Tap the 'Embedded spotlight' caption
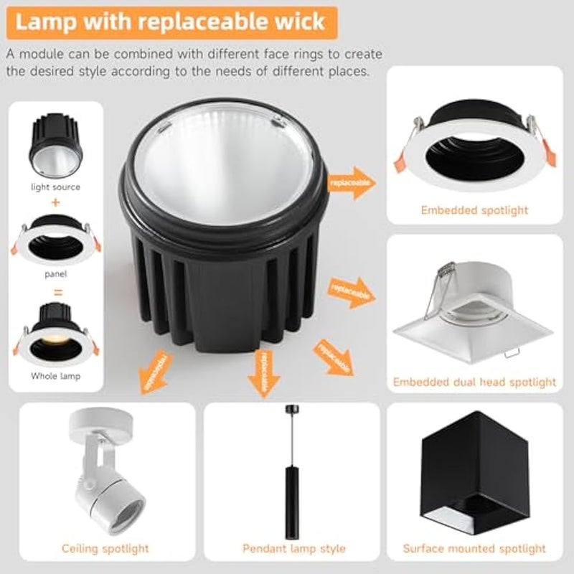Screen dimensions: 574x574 click(x=474, y=210)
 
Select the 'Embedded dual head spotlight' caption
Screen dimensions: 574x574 click(x=474, y=382)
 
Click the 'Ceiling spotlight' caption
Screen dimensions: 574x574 click(x=105, y=549)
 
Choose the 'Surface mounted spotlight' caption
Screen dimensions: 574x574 click(x=474, y=549)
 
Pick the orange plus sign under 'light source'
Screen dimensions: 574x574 click(x=55, y=203)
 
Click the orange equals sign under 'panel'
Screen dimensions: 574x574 click(x=55, y=291)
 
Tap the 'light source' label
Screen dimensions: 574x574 click(x=55, y=187)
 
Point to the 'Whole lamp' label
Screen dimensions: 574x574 click(x=55, y=375)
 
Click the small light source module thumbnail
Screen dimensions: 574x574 click(x=55, y=147)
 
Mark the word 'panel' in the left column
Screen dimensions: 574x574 click(x=55, y=273)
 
